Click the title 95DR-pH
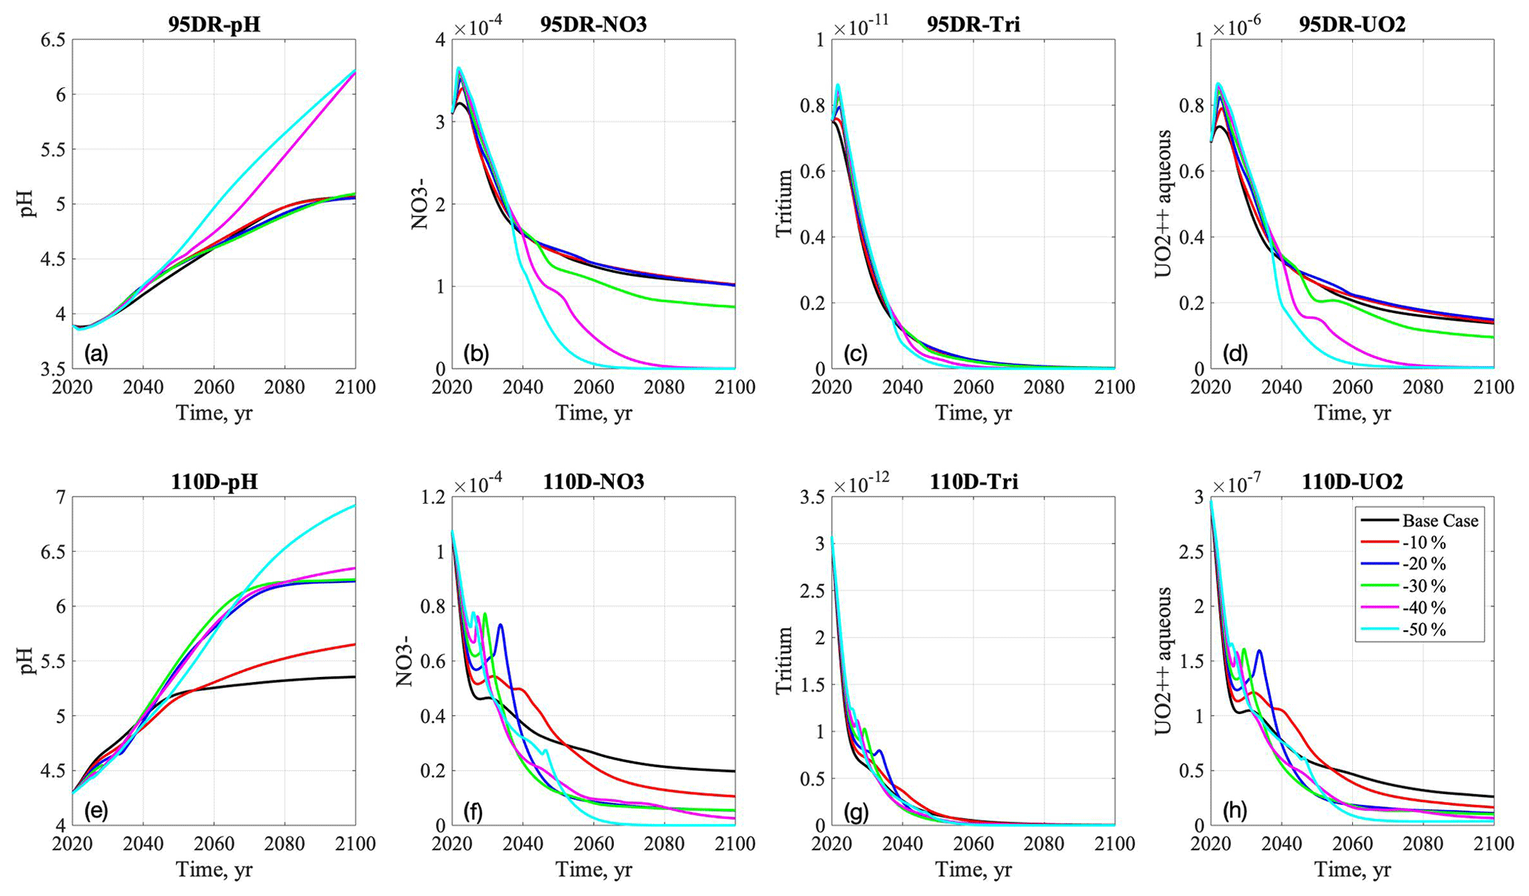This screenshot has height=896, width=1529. click(213, 24)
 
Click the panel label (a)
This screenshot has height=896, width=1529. click(96, 354)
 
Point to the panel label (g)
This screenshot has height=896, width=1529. click(855, 812)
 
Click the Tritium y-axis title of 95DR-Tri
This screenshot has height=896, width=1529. click(784, 203)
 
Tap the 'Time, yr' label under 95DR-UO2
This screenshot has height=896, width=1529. click(1352, 413)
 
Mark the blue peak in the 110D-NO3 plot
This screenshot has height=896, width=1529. click(501, 625)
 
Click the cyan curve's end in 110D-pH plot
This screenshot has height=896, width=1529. click(354, 505)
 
